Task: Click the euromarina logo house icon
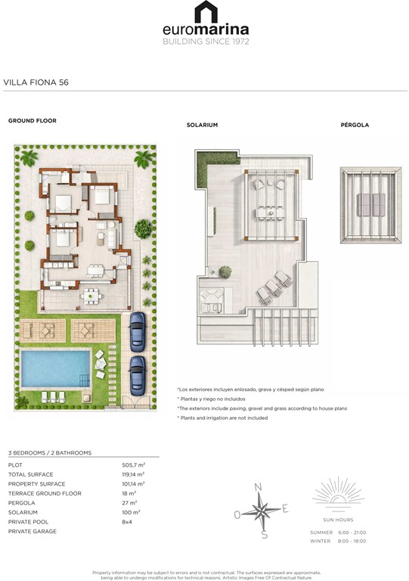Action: click(x=205, y=12)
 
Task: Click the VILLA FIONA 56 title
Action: click(x=36, y=82)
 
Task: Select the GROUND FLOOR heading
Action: click(x=32, y=120)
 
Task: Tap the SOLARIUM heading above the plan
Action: click(x=202, y=125)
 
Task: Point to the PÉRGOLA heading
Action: click(x=355, y=125)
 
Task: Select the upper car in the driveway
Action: click(x=137, y=329)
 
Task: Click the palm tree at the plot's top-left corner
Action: click(x=29, y=157)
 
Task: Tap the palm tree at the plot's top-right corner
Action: click(x=143, y=158)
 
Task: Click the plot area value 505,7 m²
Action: click(x=133, y=465)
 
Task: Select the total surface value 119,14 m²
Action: click(x=134, y=474)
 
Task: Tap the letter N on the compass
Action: click(x=258, y=487)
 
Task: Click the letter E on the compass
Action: click(x=285, y=508)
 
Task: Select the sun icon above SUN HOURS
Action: click(x=337, y=492)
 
